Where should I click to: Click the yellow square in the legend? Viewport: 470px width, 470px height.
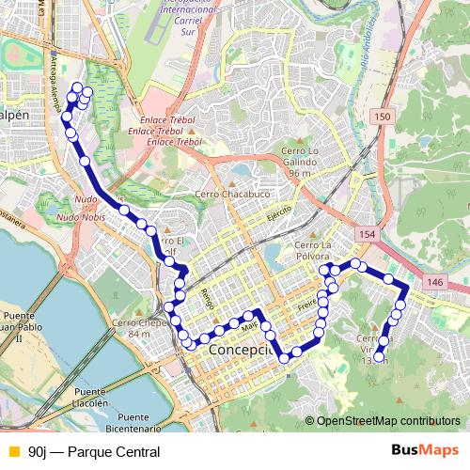11,452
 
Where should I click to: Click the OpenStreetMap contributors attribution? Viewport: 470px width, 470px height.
387,420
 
